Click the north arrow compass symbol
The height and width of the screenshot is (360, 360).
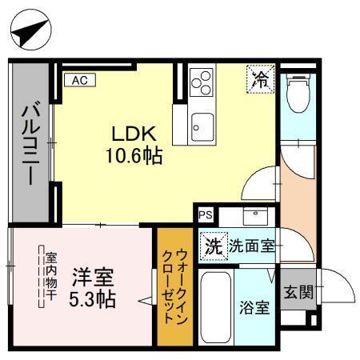31,31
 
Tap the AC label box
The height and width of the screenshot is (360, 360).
80,79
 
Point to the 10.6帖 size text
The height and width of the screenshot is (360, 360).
134,156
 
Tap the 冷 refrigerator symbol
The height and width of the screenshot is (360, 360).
260,78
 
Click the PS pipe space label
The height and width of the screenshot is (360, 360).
206,214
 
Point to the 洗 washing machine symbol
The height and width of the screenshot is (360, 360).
213,246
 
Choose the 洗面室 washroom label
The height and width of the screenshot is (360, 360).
251,246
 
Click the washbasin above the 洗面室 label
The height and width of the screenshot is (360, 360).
255,217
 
